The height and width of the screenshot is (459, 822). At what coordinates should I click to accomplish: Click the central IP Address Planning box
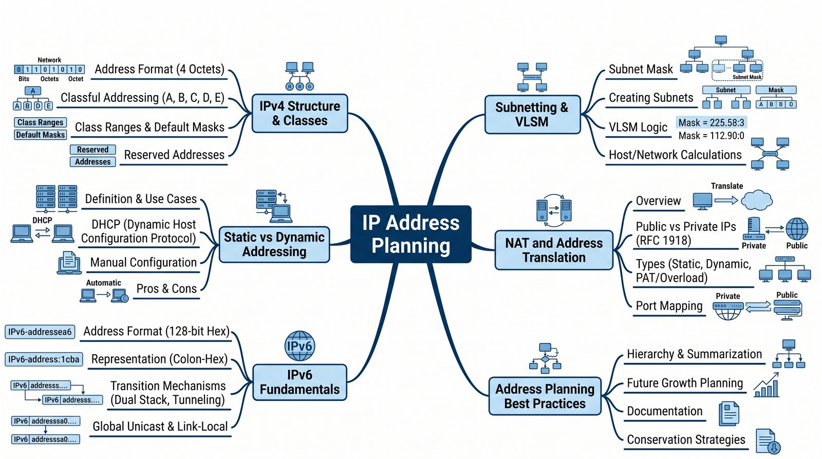pyautogui.click(x=410, y=234)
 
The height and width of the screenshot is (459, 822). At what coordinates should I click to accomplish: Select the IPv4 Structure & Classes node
pyautogui.click(x=300, y=113)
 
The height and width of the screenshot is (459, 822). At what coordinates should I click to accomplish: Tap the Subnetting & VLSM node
pyautogui.click(x=532, y=115)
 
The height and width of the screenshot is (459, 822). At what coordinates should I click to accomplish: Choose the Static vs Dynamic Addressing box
pyautogui.click(x=274, y=245)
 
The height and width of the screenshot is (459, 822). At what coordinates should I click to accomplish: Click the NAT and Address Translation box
pyautogui.click(x=554, y=250)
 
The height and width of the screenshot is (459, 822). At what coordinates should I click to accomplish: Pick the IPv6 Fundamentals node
pyautogui.click(x=300, y=382)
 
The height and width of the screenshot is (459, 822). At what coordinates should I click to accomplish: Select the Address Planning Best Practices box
pyautogui.click(x=545, y=396)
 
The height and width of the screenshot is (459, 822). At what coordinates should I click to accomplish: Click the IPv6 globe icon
pyautogui.click(x=300, y=346)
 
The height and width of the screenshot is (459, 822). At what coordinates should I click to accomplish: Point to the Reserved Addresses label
pyautogui.click(x=174, y=155)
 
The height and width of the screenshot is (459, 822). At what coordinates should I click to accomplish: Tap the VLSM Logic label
pyautogui.click(x=638, y=127)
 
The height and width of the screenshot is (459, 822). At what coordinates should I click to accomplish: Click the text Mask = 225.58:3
pyautogui.click(x=711, y=122)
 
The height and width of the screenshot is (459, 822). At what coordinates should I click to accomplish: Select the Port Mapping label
pyautogui.click(x=669, y=306)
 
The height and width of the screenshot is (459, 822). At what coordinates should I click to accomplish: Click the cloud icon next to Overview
pyautogui.click(x=756, y=200)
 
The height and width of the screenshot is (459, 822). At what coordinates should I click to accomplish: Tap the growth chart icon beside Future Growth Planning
pyautogui.click(x=767, y=385)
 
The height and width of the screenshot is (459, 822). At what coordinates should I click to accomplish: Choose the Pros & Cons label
pyautogui.click(x=166, y=289)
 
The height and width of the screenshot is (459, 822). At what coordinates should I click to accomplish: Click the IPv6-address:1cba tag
pyautogui.click(x=44, y=359)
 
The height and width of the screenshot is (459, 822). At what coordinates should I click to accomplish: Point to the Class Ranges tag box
pyautogui.click(x=41, y=122)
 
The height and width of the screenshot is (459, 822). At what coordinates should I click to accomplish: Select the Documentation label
pyautogui.click(x=664, y=411)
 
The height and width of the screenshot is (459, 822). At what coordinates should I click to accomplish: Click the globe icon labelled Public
pyautogui.click(x=797, y=229)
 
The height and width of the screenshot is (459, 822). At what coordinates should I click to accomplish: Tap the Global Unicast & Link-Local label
pyautogui.click(x=160, y=427)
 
